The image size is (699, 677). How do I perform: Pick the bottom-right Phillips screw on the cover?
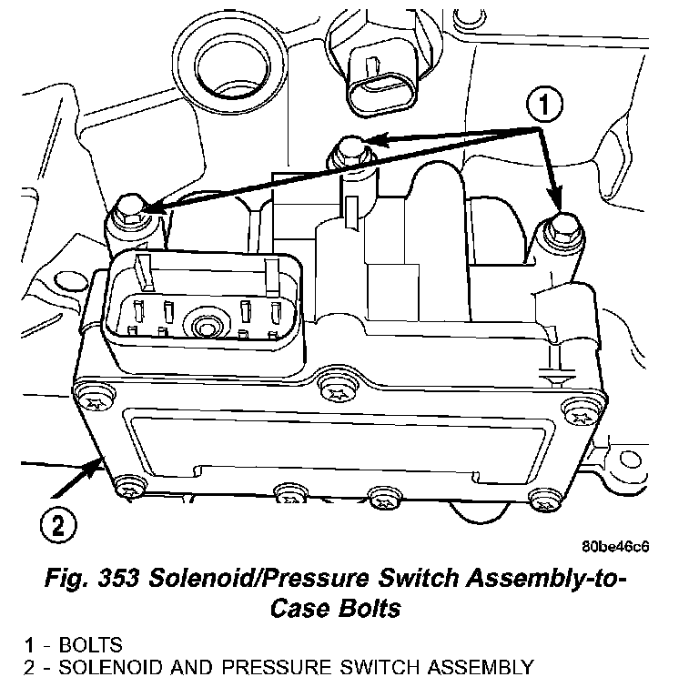(x=544, y=500)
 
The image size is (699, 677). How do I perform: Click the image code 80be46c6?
(x=619, y=549)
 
